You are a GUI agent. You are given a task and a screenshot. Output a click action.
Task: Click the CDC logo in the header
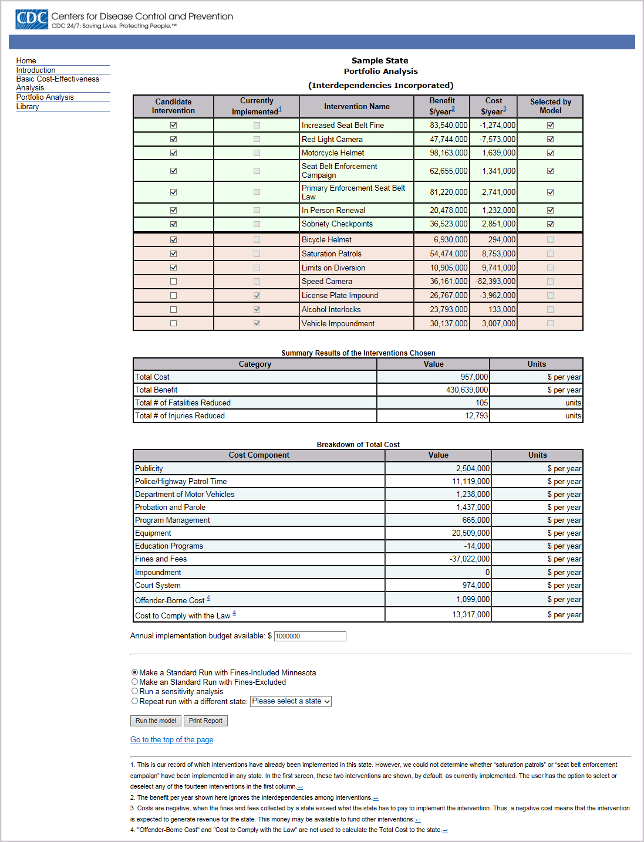(32, 19)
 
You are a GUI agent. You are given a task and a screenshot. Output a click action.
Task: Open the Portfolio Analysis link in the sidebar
(45, 97)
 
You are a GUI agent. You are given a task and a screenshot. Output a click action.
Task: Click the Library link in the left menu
(28, 107)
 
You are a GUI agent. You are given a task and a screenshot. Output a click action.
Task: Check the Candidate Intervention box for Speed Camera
(173, 282)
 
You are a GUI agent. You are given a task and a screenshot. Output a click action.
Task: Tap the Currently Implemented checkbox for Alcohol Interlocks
(257, 309)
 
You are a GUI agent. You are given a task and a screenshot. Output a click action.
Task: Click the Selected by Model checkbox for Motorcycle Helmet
(550, 153)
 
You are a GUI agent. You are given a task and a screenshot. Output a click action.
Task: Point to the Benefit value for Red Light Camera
(449, 140)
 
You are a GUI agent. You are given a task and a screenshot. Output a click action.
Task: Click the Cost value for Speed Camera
(495, 282)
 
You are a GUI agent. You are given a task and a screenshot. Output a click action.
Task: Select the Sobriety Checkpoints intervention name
(337, 224)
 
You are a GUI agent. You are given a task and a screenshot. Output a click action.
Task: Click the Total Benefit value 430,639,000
(467, 390)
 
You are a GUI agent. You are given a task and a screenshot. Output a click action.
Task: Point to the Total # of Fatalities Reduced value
(481, 403)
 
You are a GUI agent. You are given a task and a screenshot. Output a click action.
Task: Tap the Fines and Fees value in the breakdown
(470, 559)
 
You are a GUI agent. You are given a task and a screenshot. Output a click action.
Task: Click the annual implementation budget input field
(310, 637)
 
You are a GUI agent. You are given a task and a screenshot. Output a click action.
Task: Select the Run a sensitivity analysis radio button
(135, 691)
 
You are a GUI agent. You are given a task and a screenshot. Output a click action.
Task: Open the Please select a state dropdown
(291, 701)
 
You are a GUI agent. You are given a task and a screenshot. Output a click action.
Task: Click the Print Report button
(205, 721)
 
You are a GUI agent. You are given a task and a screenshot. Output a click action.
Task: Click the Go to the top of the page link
(171, 740)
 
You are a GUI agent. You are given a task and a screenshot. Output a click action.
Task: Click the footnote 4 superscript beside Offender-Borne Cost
(208, 598)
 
